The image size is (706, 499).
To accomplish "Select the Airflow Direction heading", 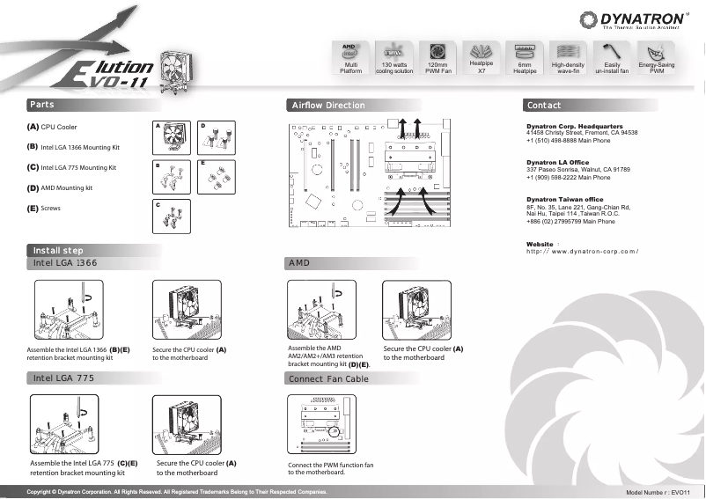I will (327, 106).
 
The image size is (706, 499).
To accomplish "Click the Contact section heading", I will (543, 106).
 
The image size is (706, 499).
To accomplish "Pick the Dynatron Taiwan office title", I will (564, 199).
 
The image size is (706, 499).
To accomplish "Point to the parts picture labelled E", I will (217, 177).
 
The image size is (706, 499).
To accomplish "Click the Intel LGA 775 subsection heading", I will (63, 378).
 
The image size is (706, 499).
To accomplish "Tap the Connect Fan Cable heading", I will (328, 378).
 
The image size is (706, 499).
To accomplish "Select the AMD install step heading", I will (299, 263).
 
